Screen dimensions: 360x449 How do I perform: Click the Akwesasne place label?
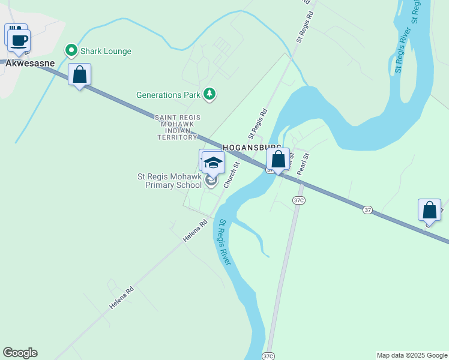point(30,62)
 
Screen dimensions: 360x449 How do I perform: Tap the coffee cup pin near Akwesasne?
point(19,41)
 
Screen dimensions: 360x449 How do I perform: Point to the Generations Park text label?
point(167,95)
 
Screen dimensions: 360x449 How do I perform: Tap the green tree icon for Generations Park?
point(209,94)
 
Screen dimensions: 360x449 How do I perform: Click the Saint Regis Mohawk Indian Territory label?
point(177,127)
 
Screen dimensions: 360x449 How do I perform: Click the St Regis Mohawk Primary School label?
point(170,181)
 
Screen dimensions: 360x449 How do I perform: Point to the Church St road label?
point(232,175)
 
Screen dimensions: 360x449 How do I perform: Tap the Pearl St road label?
point(304,164)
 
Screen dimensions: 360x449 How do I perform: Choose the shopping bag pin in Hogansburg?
point(278,160)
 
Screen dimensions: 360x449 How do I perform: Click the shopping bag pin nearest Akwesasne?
point(79,75)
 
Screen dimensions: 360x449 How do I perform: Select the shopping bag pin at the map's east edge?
point(429,211)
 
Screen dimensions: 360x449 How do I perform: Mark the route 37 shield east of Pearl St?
point(367,209)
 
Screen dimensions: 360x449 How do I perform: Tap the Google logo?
point(20,353)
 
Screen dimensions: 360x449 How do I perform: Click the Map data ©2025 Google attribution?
point(412,355)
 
